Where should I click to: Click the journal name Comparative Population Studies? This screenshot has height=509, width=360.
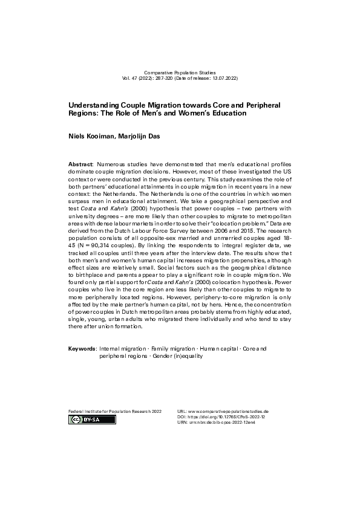tap(180, 73)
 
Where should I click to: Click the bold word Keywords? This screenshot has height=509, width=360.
tap(82, 349)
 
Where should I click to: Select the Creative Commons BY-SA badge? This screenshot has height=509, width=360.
tap(85, 419)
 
